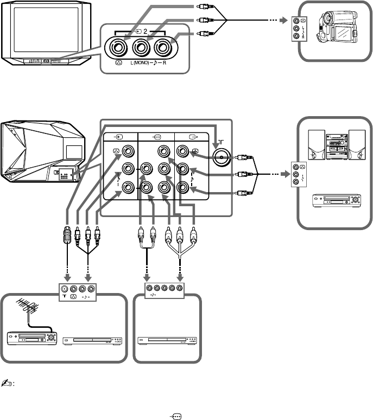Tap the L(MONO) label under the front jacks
tap(140, 63)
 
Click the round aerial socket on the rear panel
tap(222, 157)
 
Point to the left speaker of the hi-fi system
tap(317, 145)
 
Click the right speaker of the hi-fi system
tap(357, 145)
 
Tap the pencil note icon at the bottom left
tap(6, 383)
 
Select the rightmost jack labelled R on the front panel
tap(162, 48)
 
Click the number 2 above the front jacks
tap(145, 31)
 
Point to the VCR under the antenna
tap(32, 338)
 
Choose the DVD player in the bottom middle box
tap(167, 340)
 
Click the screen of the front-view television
tap(46, 29)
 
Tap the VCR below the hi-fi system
tap(337, 201)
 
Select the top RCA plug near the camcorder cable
tap(205, 6)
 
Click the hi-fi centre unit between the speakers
tap(337, 147)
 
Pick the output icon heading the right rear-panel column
tap(193, 137)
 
